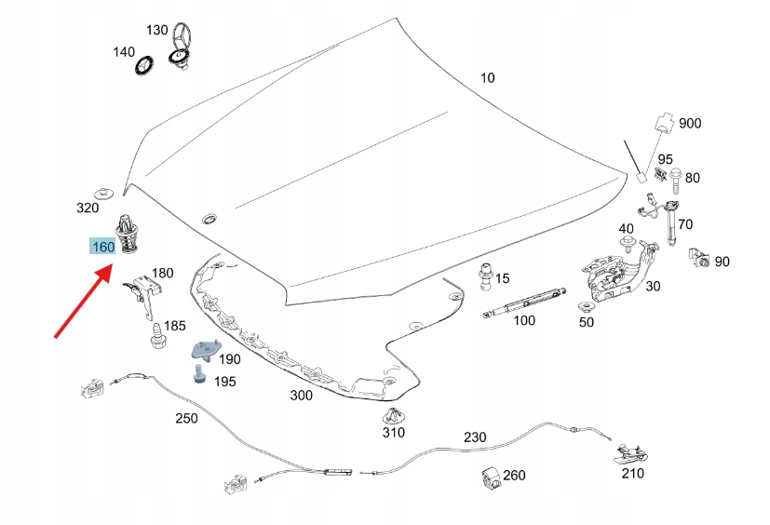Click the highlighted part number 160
coord(102,247)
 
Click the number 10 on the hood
coord(488,78)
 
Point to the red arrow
coord(83,300)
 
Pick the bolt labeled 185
coord(156,334)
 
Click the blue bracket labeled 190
coord(204,352)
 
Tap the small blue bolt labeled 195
coord(199,375)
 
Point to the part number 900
coord(690,124)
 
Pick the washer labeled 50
coord(585,308)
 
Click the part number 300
coord(301,396)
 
